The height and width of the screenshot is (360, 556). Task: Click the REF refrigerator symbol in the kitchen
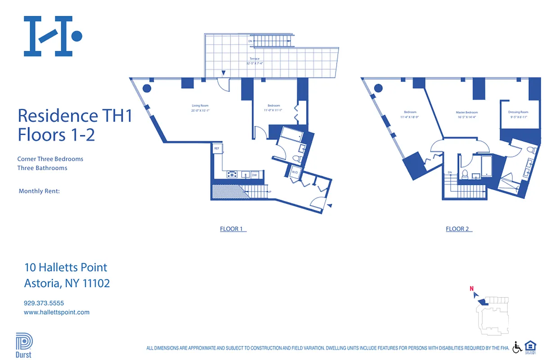pos(217,148)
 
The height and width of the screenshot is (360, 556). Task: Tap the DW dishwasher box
pos(254,175)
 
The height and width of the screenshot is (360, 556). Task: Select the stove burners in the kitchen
pos(232,174)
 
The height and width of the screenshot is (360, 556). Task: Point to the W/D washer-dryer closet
pos(295,172)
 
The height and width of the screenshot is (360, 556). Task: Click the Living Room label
pos(200,106)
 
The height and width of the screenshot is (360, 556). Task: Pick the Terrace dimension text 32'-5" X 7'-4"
pos(255,63)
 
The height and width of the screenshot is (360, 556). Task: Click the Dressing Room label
pos(519,112)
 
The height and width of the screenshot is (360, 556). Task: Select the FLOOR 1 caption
pos(231,229)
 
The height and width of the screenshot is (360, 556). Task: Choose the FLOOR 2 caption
pos(457,229)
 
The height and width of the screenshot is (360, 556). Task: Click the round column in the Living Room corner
pos(147,88)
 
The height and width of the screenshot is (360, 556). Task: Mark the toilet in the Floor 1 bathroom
pos(297,159)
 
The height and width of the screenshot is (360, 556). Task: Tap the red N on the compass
pos(471,289)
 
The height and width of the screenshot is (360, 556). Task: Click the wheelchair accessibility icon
pos(517,347)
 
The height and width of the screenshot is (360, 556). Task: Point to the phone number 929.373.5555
pos(44,303)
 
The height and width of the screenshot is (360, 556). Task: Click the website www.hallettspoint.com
pos(56,312)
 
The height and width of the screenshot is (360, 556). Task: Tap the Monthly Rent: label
pos(39,191)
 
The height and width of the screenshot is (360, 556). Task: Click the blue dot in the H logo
pos(77,36)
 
